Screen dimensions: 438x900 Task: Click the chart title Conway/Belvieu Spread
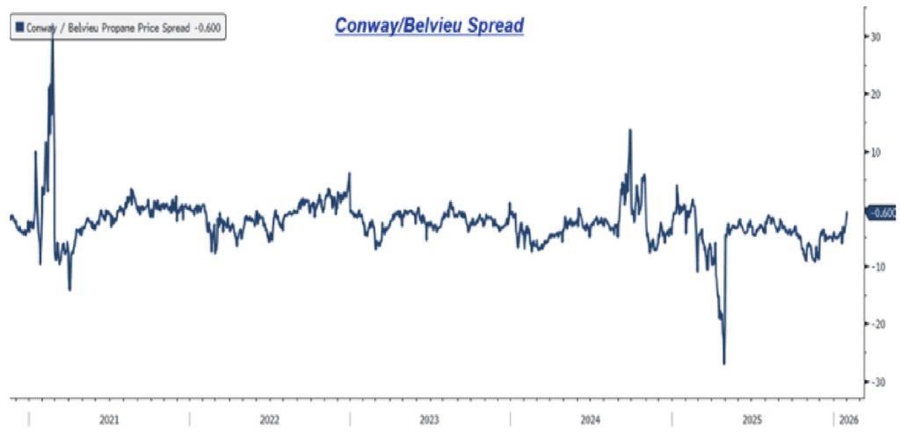(429, 26)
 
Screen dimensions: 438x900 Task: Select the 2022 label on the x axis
(269, 420)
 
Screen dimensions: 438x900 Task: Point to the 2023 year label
(430, 420)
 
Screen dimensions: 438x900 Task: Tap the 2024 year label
(591, 420)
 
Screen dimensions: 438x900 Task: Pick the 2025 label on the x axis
(751, 420)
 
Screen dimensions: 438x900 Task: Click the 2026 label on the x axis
(847, 420)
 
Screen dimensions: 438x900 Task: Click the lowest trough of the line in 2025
(724, 363)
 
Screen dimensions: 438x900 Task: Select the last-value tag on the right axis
(882, 212)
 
